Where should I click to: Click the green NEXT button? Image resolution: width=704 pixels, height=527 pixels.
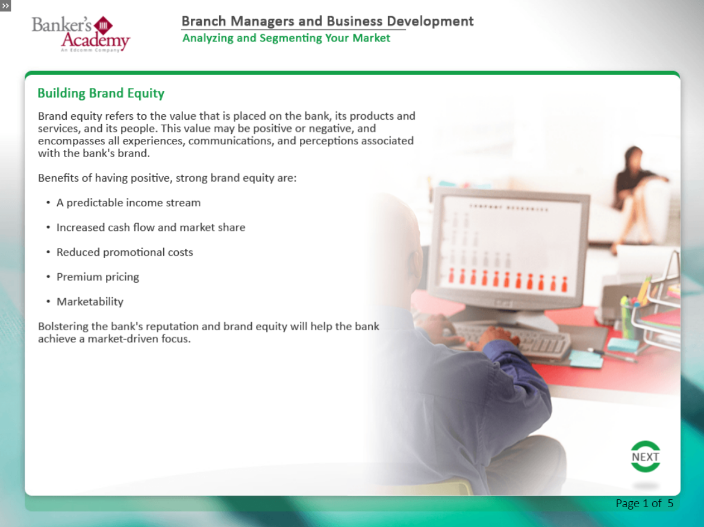(645, 457)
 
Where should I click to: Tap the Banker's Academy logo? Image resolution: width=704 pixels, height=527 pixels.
(81, 34)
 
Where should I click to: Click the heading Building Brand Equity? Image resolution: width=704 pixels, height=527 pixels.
(101, 93)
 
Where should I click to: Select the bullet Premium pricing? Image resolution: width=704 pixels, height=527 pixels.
(98, 277)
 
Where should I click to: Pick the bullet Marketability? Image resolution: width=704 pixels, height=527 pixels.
(90, 301)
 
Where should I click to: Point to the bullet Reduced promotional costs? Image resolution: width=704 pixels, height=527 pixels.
(125, 252)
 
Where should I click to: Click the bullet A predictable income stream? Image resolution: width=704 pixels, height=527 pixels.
(128, 203)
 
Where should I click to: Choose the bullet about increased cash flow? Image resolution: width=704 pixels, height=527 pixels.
(151, 227)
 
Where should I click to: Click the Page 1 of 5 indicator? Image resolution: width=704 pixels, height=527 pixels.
(644, 503)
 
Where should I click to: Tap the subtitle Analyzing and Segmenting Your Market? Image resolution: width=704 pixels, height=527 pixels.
(287, 38)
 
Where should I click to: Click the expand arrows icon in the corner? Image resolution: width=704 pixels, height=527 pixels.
(5, 6)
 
